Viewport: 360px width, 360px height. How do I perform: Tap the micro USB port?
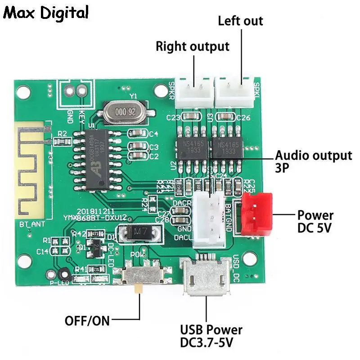pyautogui.click(x=206, y=279)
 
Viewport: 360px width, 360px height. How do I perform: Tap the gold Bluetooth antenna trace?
pyautogui.click(x=32, y=169)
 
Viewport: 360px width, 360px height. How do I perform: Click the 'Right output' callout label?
pyautogui.click(x=193, y=46)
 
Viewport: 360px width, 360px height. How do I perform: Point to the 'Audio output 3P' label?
pyautogui.click(x=313, y=161)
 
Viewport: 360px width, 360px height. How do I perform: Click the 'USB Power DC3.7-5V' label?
pyautogui.click(x=211, y=336)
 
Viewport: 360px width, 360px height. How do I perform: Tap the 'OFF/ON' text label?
pyautogui.click(x=87, y=321)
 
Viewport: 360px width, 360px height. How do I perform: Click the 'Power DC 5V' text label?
pyautogui.click(x=315, y=221)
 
